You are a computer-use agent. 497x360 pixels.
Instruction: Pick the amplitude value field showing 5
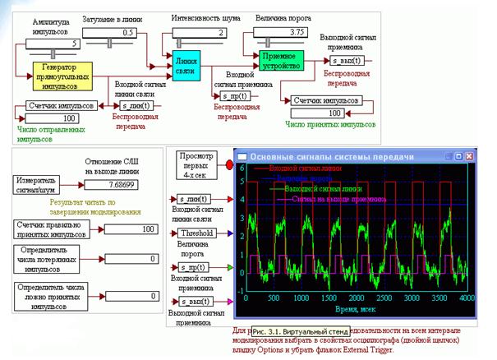click(51, 43)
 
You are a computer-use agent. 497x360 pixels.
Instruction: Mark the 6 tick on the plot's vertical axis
click(242, 167)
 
